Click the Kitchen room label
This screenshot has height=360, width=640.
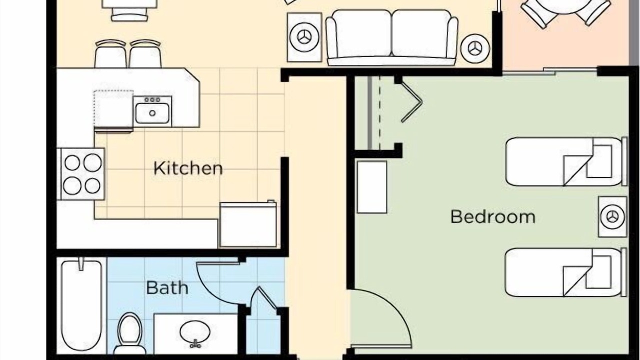pos(188,168)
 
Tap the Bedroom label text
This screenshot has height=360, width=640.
pos(493,217)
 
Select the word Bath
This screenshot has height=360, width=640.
pos(167,287)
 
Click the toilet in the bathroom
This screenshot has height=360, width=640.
pos(129,334)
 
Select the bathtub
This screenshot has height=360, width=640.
pos(81,304)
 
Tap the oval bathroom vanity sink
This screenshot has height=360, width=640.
pos(195,332)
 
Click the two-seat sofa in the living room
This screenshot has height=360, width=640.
pos(391,37)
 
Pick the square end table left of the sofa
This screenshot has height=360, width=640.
pos(304,37)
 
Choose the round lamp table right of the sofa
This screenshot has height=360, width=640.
pos(475,48)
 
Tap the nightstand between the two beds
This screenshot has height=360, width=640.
pos(613,216)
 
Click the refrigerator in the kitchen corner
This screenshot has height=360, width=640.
pos(248,224)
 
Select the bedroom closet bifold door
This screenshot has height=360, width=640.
pos(411,102)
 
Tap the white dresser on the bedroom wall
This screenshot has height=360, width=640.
pos(372,187)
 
